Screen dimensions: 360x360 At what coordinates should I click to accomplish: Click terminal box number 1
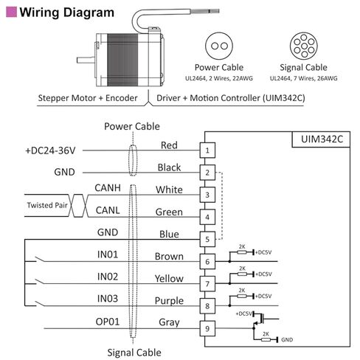coord(207,150)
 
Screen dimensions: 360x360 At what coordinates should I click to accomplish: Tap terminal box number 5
coord(207,239)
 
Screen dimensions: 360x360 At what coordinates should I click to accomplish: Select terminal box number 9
coord(207,328)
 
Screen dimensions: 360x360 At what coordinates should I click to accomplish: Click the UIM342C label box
coord(321,139)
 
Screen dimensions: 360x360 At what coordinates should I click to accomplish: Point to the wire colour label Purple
coord(169,300)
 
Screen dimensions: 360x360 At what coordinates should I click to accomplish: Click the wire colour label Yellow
coord(169,278)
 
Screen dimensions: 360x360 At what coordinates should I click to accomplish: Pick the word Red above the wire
coord(169,145)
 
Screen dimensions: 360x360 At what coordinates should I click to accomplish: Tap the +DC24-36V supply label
coord(50,150)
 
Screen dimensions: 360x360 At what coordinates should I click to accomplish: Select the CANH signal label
coord(108,188)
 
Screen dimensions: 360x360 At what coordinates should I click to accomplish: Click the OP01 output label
coord(108,322)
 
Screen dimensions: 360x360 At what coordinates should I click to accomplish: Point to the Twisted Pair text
coord(47,205)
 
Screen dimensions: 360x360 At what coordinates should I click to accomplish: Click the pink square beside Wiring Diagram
coord(11,12)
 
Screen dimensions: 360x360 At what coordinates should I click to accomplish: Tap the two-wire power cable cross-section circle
coord(219,46)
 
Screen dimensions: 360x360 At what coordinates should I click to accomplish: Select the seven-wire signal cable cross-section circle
coord(304,46)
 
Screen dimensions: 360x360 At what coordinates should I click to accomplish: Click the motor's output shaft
coord(86,60)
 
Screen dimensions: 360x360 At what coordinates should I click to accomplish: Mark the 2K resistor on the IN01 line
coord(242,252)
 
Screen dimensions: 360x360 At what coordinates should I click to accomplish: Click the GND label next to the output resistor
coord(287,340)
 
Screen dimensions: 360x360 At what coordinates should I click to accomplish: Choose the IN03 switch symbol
coord(40,304)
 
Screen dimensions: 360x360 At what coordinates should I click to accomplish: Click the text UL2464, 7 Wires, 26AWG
coord(304,78)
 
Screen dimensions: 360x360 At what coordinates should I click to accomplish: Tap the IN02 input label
coord(108,277)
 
